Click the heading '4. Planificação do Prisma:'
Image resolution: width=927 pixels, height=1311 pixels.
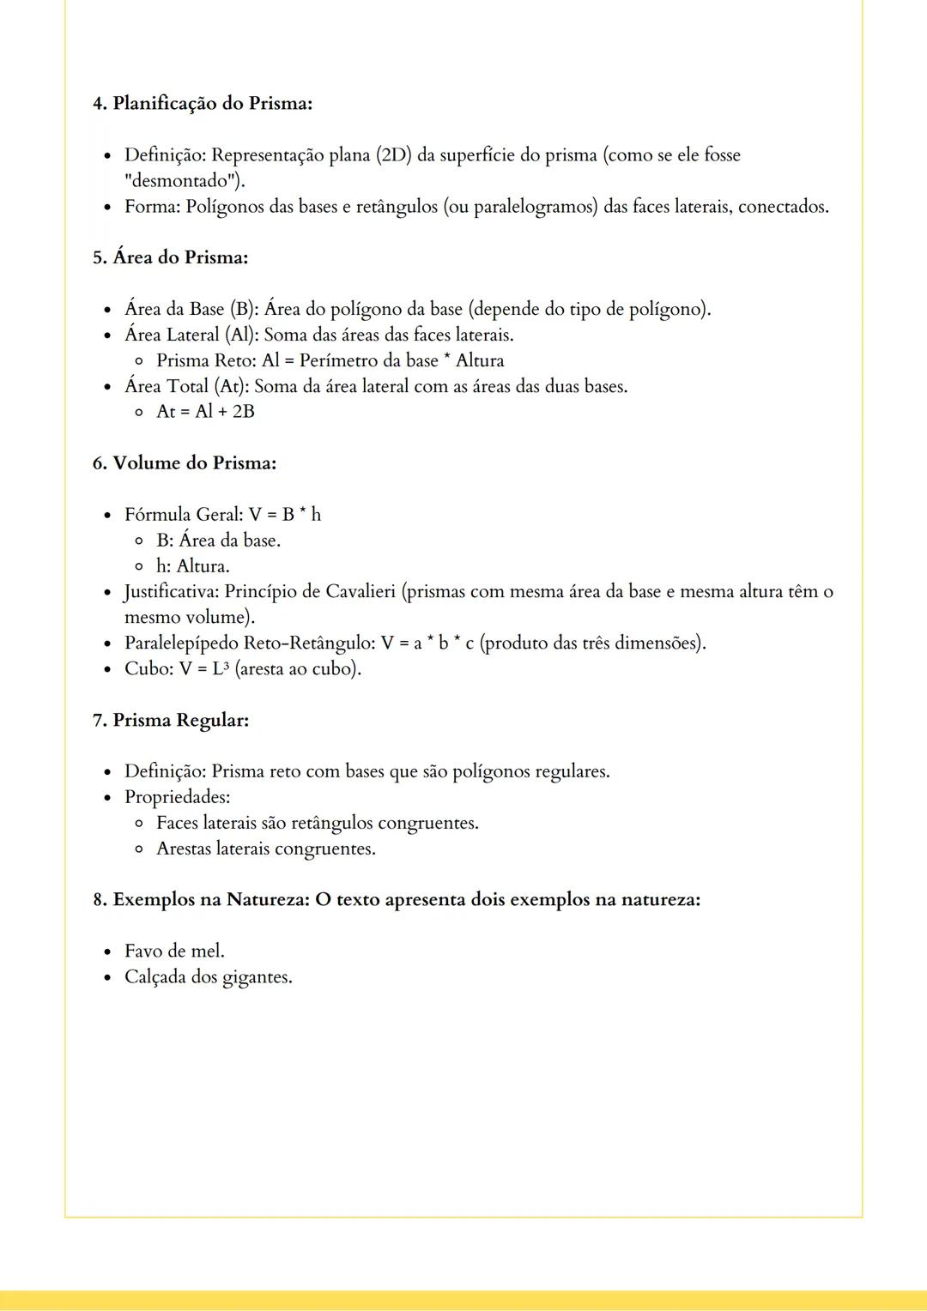point(202,104)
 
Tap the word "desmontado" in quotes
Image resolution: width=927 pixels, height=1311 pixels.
point(182,181)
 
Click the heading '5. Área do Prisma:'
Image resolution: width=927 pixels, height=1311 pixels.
point(170,257)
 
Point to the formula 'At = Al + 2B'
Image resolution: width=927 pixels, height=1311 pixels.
point(205,412)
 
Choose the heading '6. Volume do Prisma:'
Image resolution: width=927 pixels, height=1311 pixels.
point(184,463)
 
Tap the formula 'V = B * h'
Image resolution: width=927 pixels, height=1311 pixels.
point(285,515)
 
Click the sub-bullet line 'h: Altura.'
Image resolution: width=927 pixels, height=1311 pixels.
point(192,566)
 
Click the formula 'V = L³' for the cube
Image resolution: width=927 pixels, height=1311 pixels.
point(204,669)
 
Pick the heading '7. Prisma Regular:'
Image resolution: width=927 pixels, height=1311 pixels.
point(170,720)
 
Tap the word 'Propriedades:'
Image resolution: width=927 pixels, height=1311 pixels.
point(177,797)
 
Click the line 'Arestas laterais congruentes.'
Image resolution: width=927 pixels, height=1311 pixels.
point(265,849)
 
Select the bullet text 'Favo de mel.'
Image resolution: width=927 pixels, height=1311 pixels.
point(174,952)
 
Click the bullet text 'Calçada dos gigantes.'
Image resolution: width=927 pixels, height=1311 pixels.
point(208,977)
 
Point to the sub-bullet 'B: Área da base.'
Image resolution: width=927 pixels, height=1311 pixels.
point(218,541)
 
